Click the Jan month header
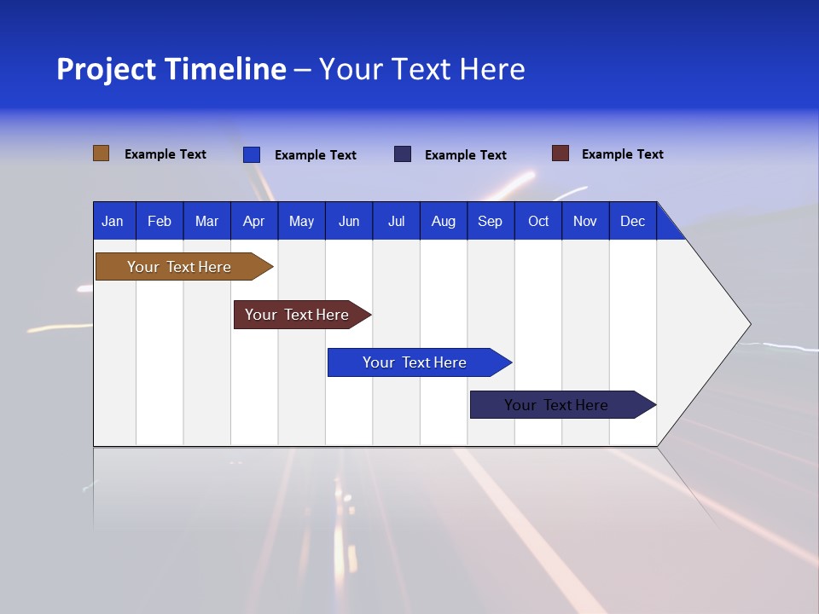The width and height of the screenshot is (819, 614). tap(113, 221)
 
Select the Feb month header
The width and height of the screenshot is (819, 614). tap(160, 221)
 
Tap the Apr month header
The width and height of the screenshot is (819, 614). tap(253, 221)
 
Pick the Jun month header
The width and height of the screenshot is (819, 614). tap(349, 221)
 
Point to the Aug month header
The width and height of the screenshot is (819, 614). tap(443, 221)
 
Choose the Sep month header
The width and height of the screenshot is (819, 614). tap(490, 221)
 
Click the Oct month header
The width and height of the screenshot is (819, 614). tap(538, 221)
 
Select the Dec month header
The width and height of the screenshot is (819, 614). tap(632, 221)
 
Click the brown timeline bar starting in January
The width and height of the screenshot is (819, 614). tap(179, 267)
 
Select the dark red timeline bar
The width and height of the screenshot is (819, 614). tap(297, 315)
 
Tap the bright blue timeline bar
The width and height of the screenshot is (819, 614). tap(415, 362)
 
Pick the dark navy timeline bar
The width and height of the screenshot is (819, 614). tap(556, 405)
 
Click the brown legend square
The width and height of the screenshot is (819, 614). tap(101, 153)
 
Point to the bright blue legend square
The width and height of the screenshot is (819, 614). tap(252, 154)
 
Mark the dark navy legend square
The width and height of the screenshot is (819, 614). tap(403, 154)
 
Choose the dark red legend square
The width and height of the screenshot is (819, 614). tap(560, 153)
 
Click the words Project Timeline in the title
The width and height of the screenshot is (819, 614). tap(171, 69)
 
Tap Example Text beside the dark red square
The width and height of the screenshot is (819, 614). tap(622, 154)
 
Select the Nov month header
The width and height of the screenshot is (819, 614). tap(585, 221)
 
